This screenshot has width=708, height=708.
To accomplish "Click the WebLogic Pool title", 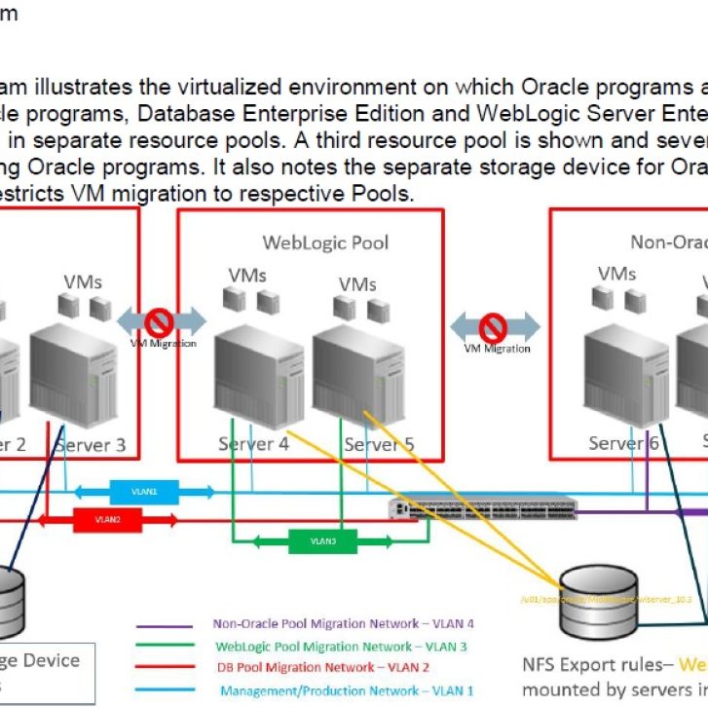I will click(x=325, y=242).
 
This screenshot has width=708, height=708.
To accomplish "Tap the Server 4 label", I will click(x=253, y=444).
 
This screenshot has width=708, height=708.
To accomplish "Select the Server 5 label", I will click(x=379, y=444).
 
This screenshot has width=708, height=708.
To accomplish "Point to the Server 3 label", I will click(x=90, y=445).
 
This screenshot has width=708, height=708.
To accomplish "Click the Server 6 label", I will click(x=623, y=443).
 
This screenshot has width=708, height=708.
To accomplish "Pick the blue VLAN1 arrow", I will click(x=143, y=492).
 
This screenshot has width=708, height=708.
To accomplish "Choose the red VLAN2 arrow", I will click(x=108, y=520).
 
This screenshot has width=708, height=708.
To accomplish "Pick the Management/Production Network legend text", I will click(x=346, y=690).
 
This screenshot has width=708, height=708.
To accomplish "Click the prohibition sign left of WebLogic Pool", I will click(x=159, y=322).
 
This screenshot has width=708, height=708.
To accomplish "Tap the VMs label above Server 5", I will click(x=357, y=283).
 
